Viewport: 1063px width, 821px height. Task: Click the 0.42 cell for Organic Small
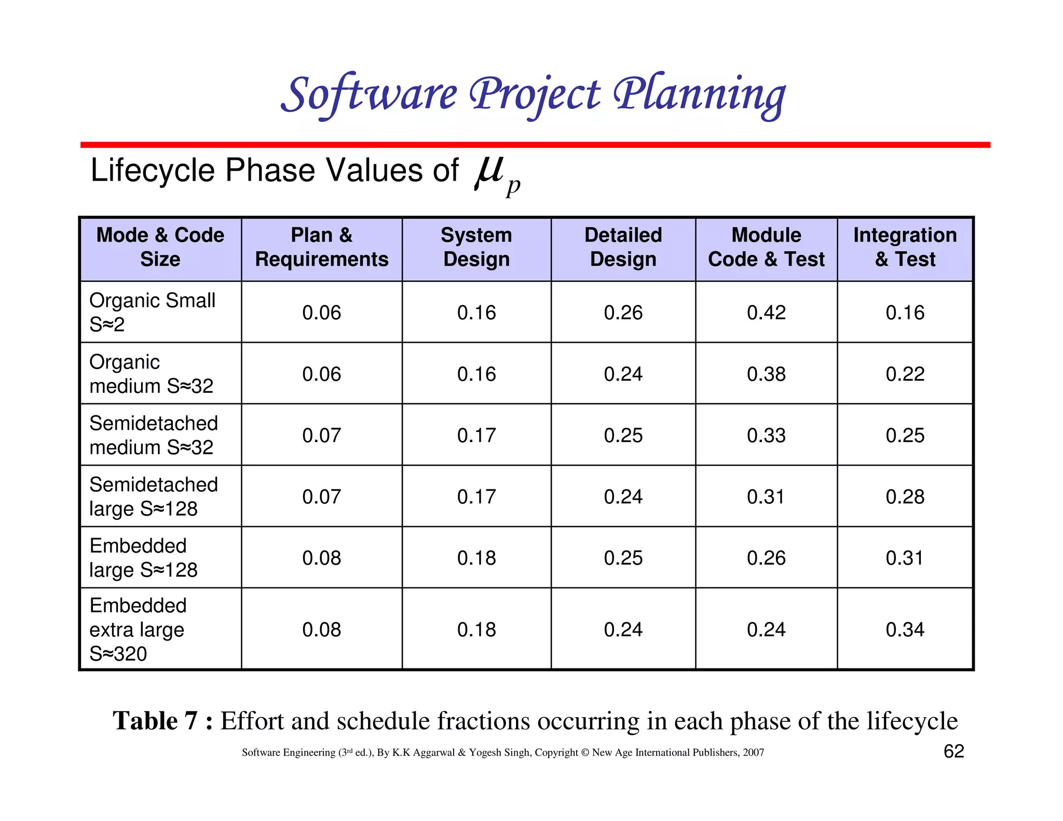pyautogui.click(x=766, y=312)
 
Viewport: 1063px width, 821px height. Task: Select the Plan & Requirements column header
pyautogui.click(x=321, y=247)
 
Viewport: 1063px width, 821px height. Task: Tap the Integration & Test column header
pyautogui.click(x=905, y=247)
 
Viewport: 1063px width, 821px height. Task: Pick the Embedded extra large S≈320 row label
pyautogui.click(x=138, y=629)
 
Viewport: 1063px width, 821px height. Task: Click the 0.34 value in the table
pyautogui.click(x=905, y=630)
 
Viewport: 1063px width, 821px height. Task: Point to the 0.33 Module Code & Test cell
pyautogui.click(x=766, y=435)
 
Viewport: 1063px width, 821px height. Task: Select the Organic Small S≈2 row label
pyautogui.click(x=152, y=312)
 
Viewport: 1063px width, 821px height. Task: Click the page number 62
pyautogui.click(x=953, y=751)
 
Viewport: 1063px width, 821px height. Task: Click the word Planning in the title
pyautogui.click(x=699, y=95)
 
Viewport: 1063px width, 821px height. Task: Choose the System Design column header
pyautogui.click(x=476, y=247)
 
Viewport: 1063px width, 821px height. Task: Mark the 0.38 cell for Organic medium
pyautogui.click(x=766, y=374)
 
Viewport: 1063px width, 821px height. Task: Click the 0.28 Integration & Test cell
pyautogui.click(x=905, y=497)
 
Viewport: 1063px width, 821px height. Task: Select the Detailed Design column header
pyautogui.click(x=623, y=247)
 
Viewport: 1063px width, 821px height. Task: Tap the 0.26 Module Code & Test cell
pyautogui.click(x=766, y=558)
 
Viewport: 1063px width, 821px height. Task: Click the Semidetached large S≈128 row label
pyautogui.click(x=154, y=497)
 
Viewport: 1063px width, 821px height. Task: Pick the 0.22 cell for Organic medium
pyautogui.click(x=905, y=374)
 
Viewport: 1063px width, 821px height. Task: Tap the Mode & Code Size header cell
pyautogui.click(x=160, y=247)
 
